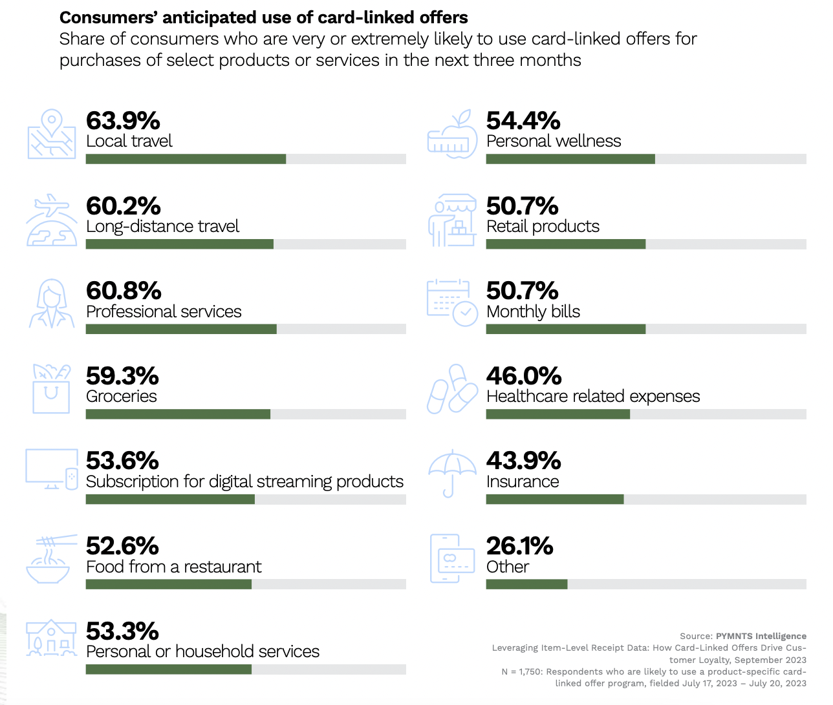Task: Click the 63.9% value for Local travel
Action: click(x=123, y=121)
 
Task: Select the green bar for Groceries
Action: click(x=178, y=414)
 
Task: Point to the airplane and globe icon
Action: click(x=51, y=221)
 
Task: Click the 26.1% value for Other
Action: click(x=519, y=546)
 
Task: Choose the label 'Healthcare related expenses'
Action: click(x=593, y=396)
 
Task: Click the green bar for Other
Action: click(x=526, y=584)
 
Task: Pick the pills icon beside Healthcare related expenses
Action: click(x=452, y=389)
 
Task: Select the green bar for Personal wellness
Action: click(x=570, y=159)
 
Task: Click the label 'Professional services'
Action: click(x=164, y=311)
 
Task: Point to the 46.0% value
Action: click(x=524, y=376)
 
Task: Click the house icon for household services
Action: click(x=51, y=638)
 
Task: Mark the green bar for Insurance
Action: click(x=555, y=500)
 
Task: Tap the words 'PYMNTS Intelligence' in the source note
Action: click(x=761, y=636)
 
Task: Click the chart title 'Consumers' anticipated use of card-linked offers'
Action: click(x=264, y=17)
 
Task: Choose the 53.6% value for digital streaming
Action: click(x=122, y=461)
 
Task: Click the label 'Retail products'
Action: click(x=543, y=226)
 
